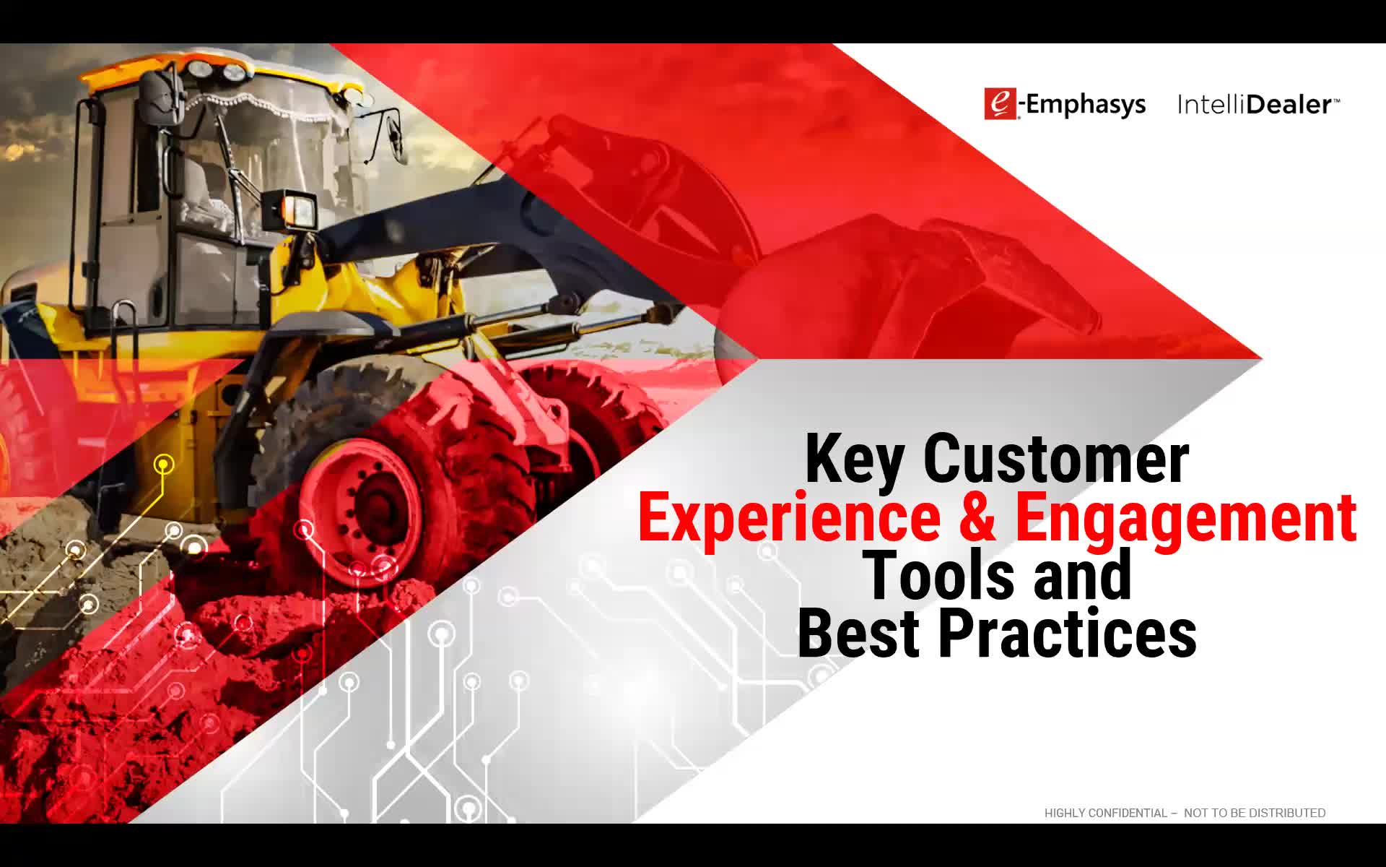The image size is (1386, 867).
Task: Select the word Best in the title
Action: (x=858, y=632)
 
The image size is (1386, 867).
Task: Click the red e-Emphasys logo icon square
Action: (x=1001, y=104)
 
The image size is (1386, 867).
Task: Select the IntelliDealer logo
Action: (x=1258, y=105)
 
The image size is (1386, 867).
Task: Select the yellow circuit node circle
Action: (x=165, y=464)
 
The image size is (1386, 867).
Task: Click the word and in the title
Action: (x=1082, y=575)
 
